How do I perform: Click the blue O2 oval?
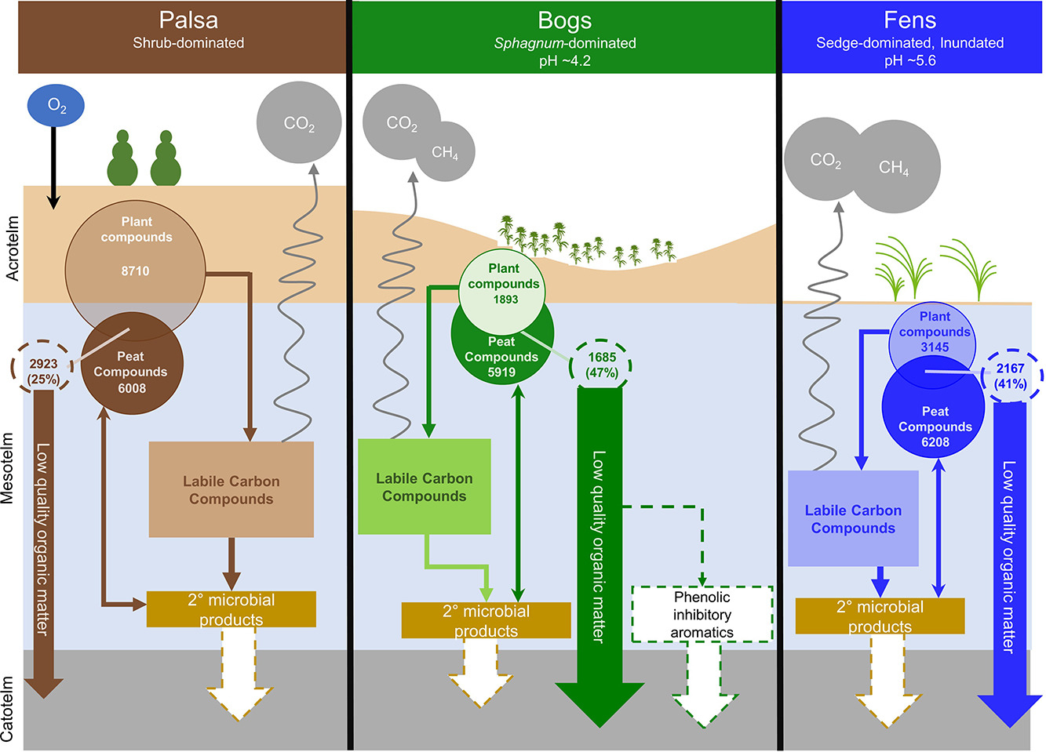pyautogui.click(x=56, y=106)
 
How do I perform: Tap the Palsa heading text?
pyautogui.click(x=188, y=20)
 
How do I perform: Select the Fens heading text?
pyautogui.click(x=909, y=20)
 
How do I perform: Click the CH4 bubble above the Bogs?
pyautogui.click(x=445, y=152)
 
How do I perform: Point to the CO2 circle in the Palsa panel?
pyautogui.click(x=299, y=123)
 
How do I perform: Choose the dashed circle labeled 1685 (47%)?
pyautogui.click(x=602, y=365)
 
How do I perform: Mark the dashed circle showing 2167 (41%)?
pyautogui.click(x=1011, y=376)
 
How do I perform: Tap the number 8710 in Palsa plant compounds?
pyautogui.click(x=135, y=271)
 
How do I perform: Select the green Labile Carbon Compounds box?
pyautogui.click(x=425, y=487)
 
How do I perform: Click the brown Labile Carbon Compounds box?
pyautogui.click(x=231, y=490)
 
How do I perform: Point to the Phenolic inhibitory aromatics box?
pyautogui.click(x=702, y=614)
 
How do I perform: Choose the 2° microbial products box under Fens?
pyautogui.click(x=880, y=616)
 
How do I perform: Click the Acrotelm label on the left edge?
pyautogui.click(x=12, y=249)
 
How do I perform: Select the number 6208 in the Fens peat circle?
pyautogui.click(x=935, y=442)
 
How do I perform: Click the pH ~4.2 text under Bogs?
pyautogui.click(x=565, y=60)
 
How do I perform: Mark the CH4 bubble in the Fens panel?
pyautogui.click(x=894, y=167)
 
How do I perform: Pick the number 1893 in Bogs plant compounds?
pyautogui.click(x=505, y=299)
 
